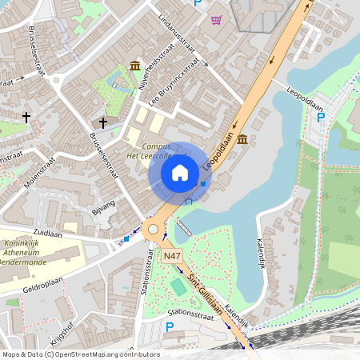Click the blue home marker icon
[x=180, y=172]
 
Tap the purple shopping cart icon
[x=216, y=19]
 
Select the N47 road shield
[x=171, y=256]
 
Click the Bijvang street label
[x=103, y=209]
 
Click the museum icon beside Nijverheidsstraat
[x=134, y=65]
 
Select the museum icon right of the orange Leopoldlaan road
[x=242, y=140]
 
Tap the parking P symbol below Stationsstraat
[x=169, y=326]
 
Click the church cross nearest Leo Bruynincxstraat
[x=103, y=122]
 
